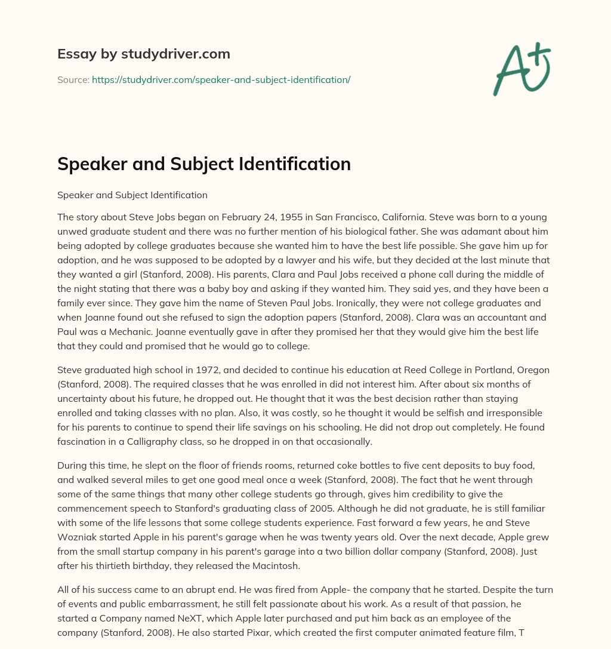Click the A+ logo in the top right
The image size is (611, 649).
pos(521,69)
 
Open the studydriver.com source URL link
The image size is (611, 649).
pos(221,79)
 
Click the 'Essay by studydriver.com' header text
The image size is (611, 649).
pos(143,54)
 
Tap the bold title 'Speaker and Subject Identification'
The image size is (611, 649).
pos(203,164)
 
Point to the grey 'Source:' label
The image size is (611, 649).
pos(73,79)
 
